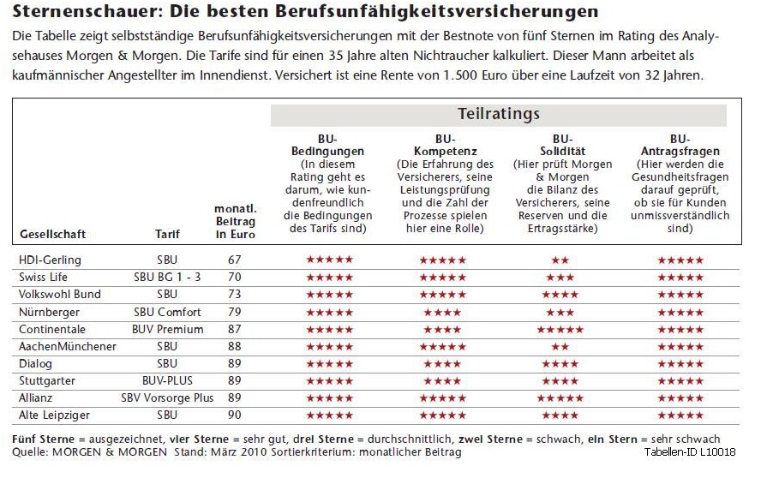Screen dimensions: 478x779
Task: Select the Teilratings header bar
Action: click(498, 114)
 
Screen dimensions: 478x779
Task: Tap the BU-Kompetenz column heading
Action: click(444, 145)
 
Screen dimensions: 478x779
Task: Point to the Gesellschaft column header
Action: click(52, 234)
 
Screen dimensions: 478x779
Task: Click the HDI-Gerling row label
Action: click(50, 260)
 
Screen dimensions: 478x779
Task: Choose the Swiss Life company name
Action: click(43, 277)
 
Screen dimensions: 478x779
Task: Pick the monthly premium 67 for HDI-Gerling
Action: click(235, 260)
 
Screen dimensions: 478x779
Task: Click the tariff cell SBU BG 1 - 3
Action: click(168, 277)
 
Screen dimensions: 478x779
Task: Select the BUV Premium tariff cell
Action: click(168, 329)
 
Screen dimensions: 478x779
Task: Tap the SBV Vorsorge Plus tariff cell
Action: click(168, 397)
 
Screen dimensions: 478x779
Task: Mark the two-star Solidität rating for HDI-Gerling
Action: click(560, 260)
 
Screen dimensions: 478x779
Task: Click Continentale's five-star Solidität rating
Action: click(560, 329)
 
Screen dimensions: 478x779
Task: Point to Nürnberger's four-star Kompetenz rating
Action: click(442, 312)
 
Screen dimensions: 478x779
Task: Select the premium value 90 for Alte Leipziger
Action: click(235, 415)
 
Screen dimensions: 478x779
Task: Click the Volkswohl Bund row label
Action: click(60, 294)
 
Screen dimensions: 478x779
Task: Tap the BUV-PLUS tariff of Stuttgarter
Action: click(168, 380)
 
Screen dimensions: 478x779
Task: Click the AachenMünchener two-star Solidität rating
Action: click(560, 346)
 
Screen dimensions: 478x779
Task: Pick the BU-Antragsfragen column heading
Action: click(680, 145)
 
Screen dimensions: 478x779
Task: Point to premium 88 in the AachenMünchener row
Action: click(235, 346)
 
